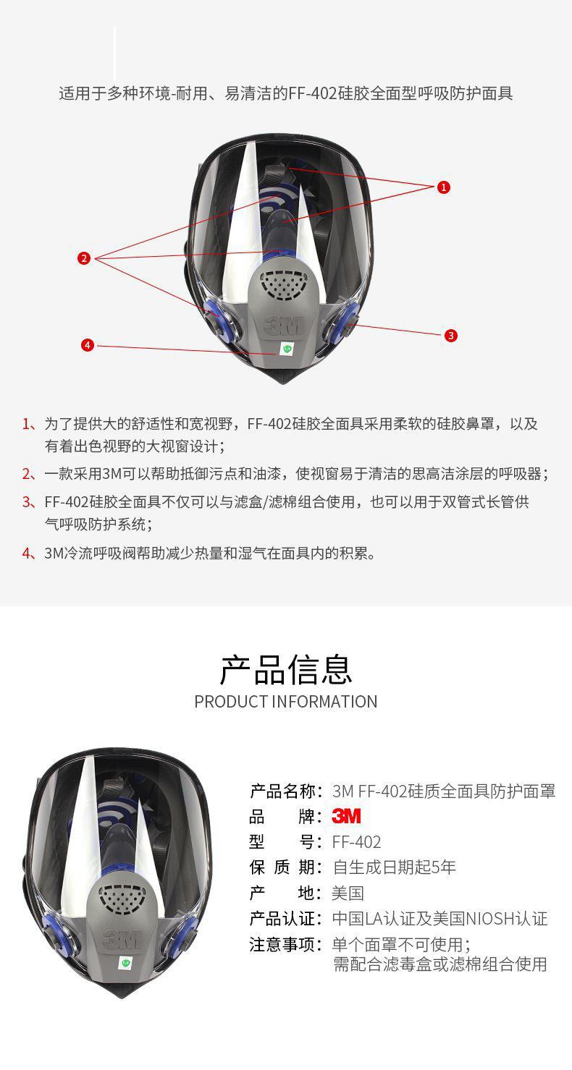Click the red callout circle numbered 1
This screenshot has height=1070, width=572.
(443, 187)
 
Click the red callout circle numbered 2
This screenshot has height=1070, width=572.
(84, 258)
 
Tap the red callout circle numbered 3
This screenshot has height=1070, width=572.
(450, 336)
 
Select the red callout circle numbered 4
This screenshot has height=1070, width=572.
(88, 345)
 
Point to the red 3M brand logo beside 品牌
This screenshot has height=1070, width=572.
(346, 816)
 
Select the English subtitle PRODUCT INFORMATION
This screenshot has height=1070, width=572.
(286, 702)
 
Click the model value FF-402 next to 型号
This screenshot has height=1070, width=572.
(357, 841)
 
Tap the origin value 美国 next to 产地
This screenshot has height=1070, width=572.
(348, 893)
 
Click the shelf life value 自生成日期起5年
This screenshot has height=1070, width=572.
(394, 867)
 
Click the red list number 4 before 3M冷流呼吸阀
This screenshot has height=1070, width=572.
(28, 553)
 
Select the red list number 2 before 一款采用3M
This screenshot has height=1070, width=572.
(28, 474)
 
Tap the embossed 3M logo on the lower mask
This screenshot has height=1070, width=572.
(122, 939)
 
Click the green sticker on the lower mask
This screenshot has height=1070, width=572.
(125, 962)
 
